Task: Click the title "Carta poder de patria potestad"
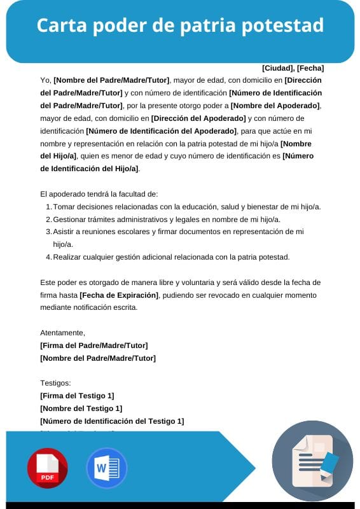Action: coord(180,25)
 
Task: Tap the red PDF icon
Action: coord(47,468)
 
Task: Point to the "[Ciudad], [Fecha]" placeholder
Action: coord(293,68)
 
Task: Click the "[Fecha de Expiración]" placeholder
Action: coord(119,295)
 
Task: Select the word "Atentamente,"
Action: coord(62,333)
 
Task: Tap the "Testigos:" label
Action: coord(55,383)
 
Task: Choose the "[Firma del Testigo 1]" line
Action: coord(77,396)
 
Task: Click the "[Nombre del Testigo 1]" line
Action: coord(81,408)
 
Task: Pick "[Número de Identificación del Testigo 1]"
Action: coord(111,421)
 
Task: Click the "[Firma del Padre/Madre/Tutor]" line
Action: coord(93,345)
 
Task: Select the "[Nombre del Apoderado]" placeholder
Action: coord(275,106)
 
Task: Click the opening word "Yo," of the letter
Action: coord(45,80)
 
